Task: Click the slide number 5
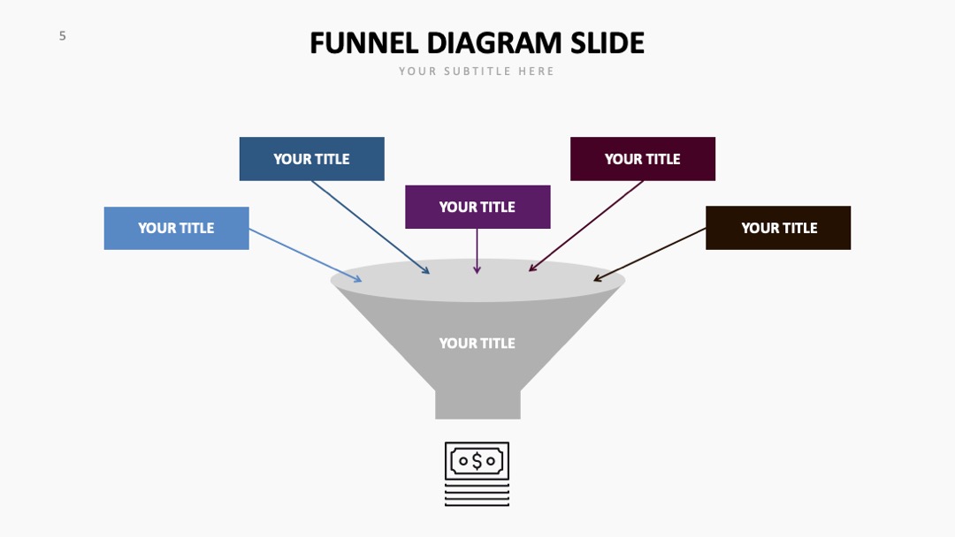point(62,36)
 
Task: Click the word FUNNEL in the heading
point(364,43)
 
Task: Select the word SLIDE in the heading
point(607,43)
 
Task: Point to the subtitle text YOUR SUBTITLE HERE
point(477,72)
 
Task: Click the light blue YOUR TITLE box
point(177,228)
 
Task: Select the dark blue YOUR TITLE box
point(312,159)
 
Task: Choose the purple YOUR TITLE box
point(477,207)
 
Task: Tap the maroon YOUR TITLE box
point(643,159)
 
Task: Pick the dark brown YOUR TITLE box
point(778,228)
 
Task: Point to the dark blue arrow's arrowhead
point(425,270)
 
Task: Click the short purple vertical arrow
point(477,251)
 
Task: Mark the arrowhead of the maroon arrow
point(533,267)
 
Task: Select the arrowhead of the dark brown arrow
point(598,278)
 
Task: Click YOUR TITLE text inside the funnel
point(477,343)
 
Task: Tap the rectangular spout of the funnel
point(477,405)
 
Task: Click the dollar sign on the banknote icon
point(477,461)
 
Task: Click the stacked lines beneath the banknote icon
point(477,495)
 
